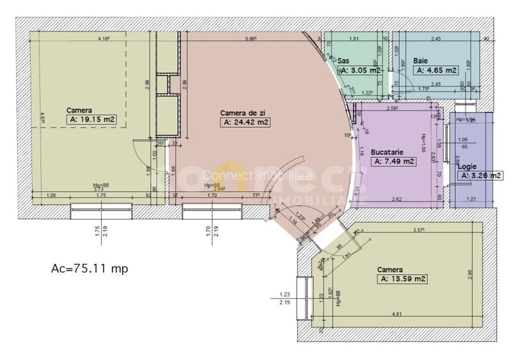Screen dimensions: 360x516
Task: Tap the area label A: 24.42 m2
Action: point(245,121)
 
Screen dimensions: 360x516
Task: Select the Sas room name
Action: point(343,61)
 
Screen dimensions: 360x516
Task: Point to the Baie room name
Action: point(420,61)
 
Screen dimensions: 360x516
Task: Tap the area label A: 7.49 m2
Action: point(395,162)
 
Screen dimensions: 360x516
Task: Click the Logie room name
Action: point(467,166)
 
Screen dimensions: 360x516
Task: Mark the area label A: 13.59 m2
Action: point(403,279)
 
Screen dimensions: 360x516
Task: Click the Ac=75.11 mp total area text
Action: point(89,269)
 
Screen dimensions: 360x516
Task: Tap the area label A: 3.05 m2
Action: point(360,70)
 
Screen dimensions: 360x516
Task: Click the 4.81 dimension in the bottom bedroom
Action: point(396,314)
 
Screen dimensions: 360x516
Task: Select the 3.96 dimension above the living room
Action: point(250,39)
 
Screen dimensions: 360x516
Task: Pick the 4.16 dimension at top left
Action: point(104,39)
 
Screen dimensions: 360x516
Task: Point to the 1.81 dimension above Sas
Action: point(354,39)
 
